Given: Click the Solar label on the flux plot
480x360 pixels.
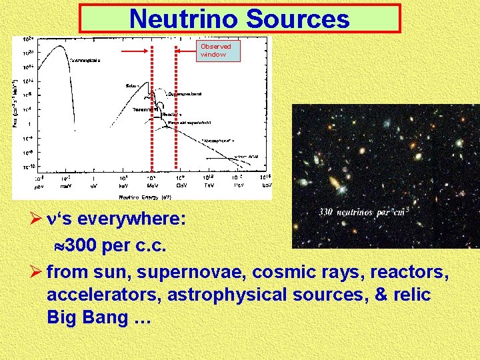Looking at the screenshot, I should tap(131, 85).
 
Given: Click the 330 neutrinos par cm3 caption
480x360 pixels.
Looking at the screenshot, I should tap(363, 212).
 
